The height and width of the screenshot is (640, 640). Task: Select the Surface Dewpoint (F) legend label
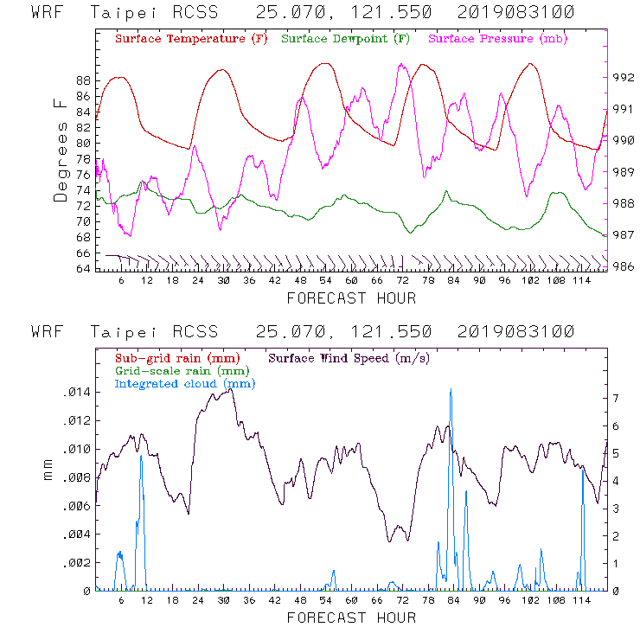point(346,40)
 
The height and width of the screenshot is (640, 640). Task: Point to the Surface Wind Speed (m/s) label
point(349,357)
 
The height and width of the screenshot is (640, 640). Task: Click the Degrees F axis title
point(60,150)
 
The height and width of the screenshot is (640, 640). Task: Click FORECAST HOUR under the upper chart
point(351,298)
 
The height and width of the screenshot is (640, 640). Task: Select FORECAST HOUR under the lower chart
point(351,618)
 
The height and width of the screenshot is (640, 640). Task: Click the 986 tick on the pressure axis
point(624,266)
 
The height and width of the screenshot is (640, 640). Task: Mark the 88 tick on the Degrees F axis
point(83,80)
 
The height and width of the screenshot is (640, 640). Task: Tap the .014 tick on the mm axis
point(76,393)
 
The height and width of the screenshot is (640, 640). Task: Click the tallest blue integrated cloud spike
point(451,392)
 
